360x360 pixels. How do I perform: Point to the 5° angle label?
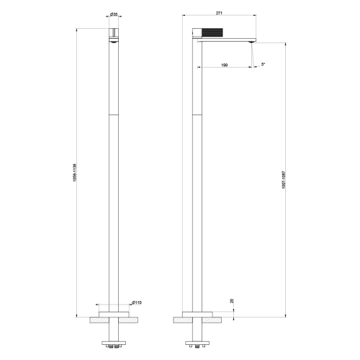[x=264, y=65]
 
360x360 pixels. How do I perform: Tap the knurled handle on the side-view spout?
[x=221, y=32]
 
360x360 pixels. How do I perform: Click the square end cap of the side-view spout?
[x=196, y=32]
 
